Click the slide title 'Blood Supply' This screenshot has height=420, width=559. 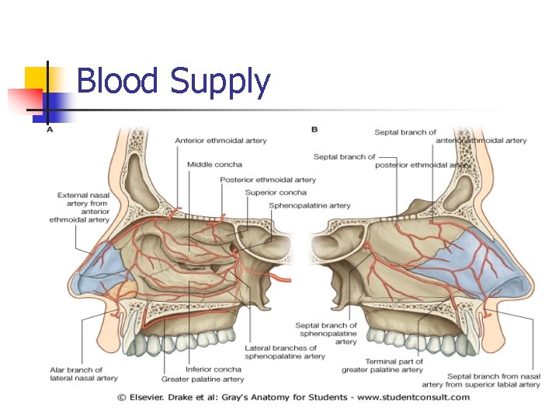tap(173, 82)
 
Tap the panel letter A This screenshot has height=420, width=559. tap(50, 131)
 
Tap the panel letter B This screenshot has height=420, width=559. tap(314, 128)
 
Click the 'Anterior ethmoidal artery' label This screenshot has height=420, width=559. tap(220, 141)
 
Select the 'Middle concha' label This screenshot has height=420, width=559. tap(214, 165)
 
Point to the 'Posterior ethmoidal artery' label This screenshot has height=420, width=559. tap(268, 180)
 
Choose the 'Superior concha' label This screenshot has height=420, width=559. tap(276, 192)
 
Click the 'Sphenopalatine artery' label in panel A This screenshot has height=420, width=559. tap(309, 205)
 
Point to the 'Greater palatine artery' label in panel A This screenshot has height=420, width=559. tap(202, 380)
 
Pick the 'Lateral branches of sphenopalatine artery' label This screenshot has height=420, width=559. tap(285, 352)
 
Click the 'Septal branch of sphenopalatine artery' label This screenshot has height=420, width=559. tap(326, 334)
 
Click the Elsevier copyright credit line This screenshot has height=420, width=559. tap(293, 397)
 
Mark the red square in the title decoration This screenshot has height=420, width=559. tap(23, 100)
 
